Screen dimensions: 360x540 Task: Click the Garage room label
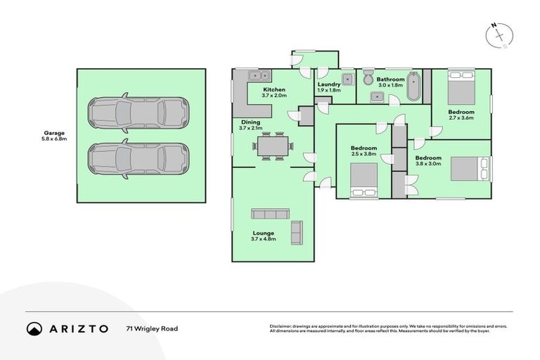tap(55, 132)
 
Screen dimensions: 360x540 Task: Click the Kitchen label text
tap(274, 91)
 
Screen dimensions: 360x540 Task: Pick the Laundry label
tap(329, 83)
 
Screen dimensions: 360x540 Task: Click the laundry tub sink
tap(347, 78)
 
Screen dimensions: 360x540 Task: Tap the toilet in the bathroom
tap(368, 77)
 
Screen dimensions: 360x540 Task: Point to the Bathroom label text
tap(390, 79)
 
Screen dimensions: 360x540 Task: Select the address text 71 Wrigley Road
tap(152, 328)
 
